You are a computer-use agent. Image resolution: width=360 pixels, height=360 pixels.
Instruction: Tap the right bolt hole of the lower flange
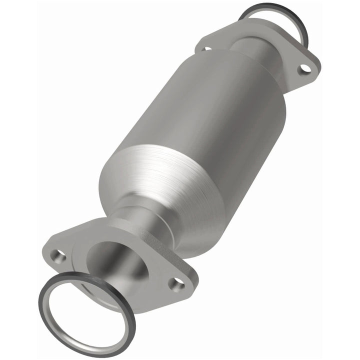click(175, 283)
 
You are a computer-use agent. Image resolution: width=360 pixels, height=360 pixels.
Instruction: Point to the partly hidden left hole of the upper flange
click(205, 48)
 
